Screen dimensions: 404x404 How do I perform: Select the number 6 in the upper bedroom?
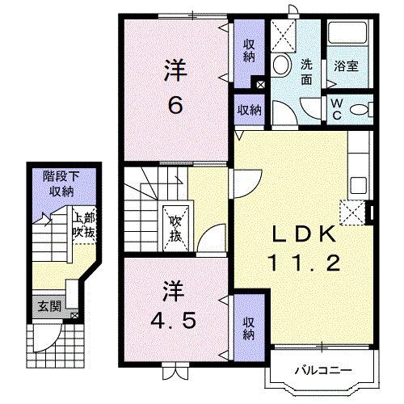tap(175, 104)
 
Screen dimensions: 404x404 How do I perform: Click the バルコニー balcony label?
tap(322, 371)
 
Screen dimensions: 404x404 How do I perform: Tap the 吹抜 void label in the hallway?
tap(175, 228)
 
